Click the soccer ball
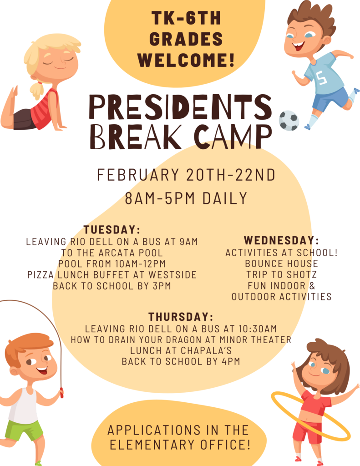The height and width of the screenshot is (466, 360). point(289,121)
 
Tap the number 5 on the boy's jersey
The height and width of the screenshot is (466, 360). point(322,78)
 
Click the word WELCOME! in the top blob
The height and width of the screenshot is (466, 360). point(186,59)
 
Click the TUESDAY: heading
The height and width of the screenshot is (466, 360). point(112,229)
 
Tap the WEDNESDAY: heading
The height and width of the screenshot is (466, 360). point(281,240)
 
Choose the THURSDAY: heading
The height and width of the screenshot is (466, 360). point(181,317)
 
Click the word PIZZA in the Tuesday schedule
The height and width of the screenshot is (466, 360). point(40,275)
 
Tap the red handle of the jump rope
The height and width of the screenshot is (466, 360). point(61,393)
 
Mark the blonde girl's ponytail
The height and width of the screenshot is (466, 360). point(36,90)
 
